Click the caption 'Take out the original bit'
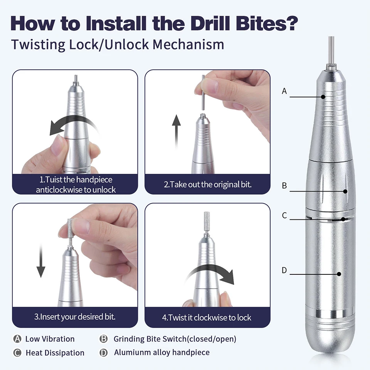coord(207,184)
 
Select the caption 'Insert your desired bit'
coord(75,317)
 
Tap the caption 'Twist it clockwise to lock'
coord(207,318)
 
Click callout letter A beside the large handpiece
coord(284,91)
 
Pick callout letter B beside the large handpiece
coord(284,186)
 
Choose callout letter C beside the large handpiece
coord(284,215)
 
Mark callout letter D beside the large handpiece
coord(284,271)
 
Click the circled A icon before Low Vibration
coord(17,339)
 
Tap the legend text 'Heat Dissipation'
coord(55,353)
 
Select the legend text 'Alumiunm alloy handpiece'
coord(161,352)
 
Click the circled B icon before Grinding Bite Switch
coord(103,339)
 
